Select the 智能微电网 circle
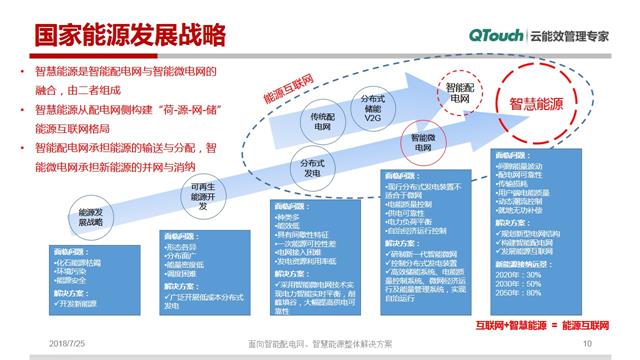[x=427, y=142]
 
